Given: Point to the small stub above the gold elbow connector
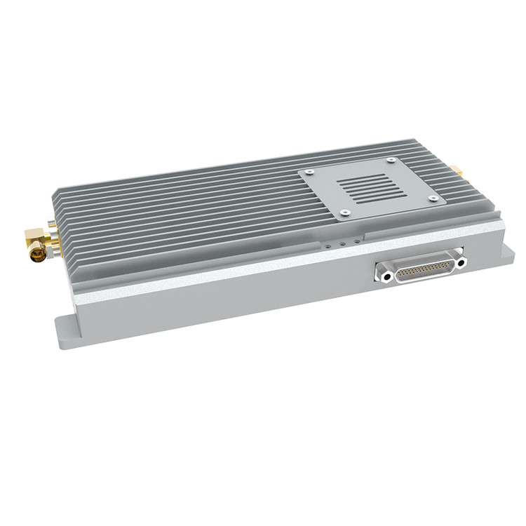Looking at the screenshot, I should pyautogui.click(x=51, y=223).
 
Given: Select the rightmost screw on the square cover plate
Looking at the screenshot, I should pyautogui.click(x=433, y=198).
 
